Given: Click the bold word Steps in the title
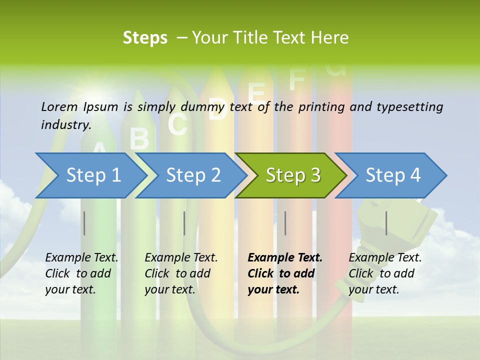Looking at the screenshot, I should click(x=145, y=38).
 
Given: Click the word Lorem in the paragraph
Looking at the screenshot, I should click(x=59, y=106).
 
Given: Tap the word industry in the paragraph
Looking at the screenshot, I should click(x=65, y=124).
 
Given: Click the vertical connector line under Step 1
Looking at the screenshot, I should click(x=84, y=223).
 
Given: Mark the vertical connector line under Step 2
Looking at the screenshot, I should click(x=184, y=223).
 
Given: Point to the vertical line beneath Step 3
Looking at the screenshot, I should click(x=285, y=223).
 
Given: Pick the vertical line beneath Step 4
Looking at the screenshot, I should click(x=386, y=223).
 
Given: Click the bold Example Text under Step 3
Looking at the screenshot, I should click(x=285, y=258).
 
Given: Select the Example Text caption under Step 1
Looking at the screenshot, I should click(x=81, y=258).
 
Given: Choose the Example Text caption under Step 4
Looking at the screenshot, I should click(x=385, y=258).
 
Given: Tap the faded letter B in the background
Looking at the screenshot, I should click(x=139, y=138).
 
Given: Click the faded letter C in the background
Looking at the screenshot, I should click(x=177, y=124).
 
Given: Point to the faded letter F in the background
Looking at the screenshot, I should click(x=296, y=78).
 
